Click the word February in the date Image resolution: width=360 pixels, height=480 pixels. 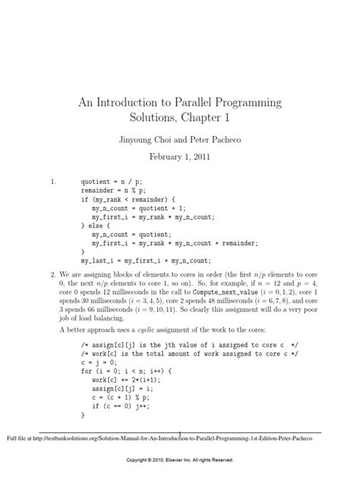pyautogui.click(x=166, y=159)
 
